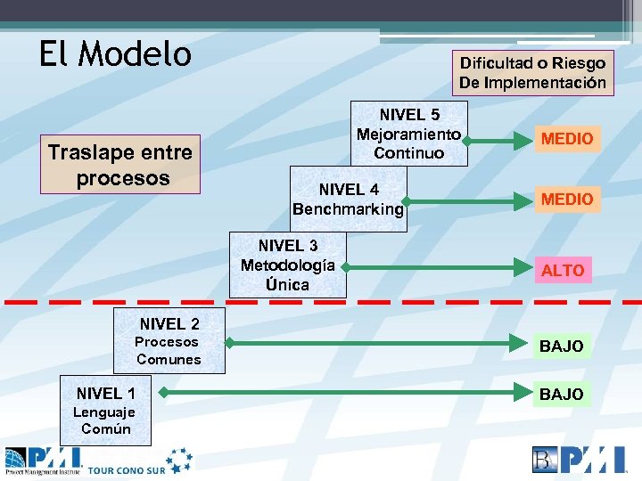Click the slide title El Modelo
(115, 54)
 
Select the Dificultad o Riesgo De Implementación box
(532, 73)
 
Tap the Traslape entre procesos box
(120, 165)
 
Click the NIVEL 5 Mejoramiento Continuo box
(408, 134)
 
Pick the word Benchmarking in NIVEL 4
(348, 209)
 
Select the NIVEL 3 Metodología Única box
(287, 265)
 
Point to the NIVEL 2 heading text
(169, 324)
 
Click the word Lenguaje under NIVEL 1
(104, 412)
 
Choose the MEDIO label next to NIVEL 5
(566, 139)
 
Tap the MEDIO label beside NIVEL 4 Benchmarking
(566, 199)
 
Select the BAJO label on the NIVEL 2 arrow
(561, 346)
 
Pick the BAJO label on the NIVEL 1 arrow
(561, 394)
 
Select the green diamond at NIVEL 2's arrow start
(228, 342)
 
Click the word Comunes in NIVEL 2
(169, 360)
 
